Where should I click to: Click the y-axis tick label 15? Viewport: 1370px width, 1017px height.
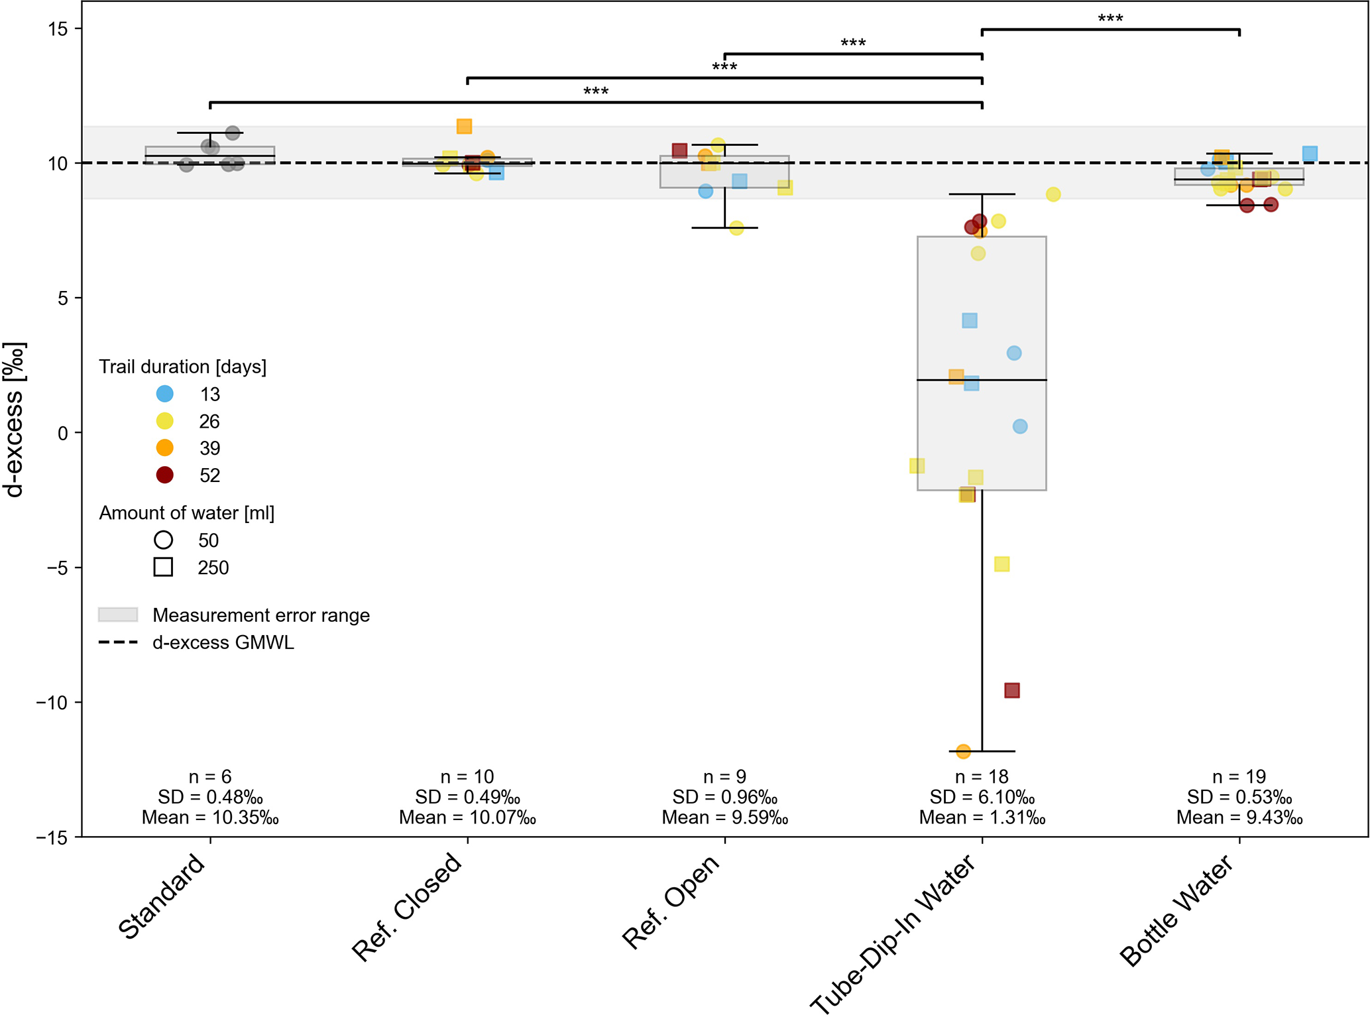pyautogui.click(x=58, y=29)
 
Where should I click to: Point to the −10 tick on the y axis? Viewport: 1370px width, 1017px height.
pyautogui.click(x=52, y=702)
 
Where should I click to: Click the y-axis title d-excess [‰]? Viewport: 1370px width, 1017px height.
pyautogui.click(x=15, y=420)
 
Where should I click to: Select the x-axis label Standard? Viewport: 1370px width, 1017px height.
pyautogui.click(x=162, y=896)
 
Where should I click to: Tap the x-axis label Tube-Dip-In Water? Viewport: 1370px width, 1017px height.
pyautogui.click(x=893, y=935)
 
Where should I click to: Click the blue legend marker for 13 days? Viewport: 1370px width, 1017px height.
pyautogui.click(x=164, y=394)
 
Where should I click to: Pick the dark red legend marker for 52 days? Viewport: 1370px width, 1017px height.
pyautogui.click(x=164, y=475)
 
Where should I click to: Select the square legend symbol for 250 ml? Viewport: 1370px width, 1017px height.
pyautogui.click(x=163, y=567)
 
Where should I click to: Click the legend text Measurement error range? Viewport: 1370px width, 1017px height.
pyautogui.click(x=261, y=615)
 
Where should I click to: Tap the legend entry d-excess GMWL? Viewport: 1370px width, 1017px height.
pyautogui.click(x=223, y=642)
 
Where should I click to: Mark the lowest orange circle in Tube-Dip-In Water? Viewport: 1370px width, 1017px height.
pyautogui.click(x=964, y=751)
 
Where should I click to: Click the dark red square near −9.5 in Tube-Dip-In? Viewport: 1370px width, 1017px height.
pyautogui.click(x=1011, y=690)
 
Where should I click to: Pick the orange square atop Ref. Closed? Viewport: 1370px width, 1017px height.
pyautogui.click(x=464, y=126)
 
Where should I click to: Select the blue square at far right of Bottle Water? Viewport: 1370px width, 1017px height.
pyautogui.click(x=1310, y=154)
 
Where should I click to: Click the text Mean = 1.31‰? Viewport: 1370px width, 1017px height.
pyautogui.click(x=982, y=817)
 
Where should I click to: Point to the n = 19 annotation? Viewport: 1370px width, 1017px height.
pyautogui.click(x=1239, y=776)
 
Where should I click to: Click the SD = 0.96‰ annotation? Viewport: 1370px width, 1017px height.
pyautogui.click(x=724, y=797)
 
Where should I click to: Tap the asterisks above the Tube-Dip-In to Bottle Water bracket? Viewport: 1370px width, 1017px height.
pyautogui.click(x=1110, y=19)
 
